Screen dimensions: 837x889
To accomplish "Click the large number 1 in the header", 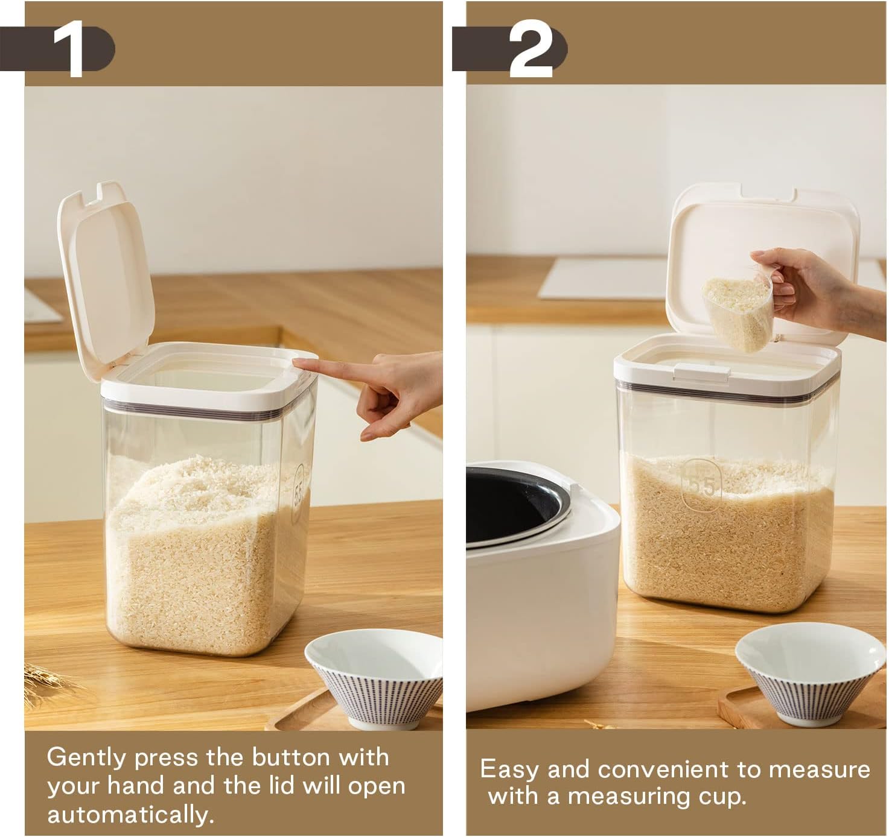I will click(x=69, y=49).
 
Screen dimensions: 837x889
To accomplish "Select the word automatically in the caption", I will click(x=130, y=815).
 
